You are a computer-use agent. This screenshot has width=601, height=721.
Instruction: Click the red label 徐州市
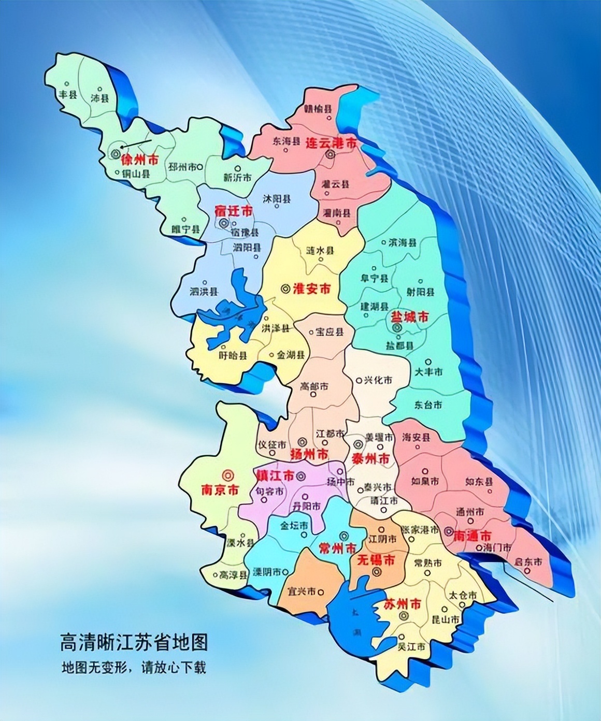point(139,160)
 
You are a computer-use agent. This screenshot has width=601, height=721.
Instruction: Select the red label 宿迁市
point(234,211)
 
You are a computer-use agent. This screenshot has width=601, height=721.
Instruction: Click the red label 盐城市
point(409,316)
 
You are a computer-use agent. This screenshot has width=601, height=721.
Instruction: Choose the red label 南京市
point(220,489)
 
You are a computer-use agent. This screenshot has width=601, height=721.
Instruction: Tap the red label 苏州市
point(403,604)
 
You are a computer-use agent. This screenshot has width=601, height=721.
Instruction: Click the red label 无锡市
point(377,559)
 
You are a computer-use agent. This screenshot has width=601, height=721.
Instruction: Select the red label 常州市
point(337,548)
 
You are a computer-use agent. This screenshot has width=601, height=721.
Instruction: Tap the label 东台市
point(428,405)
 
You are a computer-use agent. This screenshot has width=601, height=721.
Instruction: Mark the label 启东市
point(528,561)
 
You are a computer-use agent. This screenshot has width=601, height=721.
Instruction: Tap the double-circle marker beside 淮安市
point(284,289)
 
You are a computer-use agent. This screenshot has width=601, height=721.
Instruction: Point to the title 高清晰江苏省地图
point(134,643)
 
